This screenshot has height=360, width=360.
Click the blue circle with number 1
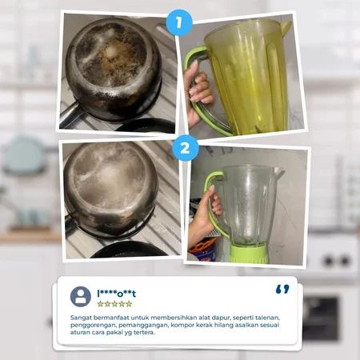pos(179,22)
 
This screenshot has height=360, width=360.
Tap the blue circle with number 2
pos(186,148)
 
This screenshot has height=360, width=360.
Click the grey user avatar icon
pos(81,297)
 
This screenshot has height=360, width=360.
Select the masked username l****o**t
pos(117,294)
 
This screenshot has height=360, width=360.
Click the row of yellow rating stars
pos(114,304)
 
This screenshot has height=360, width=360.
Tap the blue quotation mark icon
pos(282,289)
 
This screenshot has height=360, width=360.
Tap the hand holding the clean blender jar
pos(206,214)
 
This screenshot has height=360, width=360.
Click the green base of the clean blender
pos(248,254)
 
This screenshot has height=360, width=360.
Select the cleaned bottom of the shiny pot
pos(110,184)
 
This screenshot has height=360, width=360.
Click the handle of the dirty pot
pos(69,114)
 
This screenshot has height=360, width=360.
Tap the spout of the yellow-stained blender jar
pos(286,28)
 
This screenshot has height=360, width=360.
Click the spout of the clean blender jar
pos(278,174)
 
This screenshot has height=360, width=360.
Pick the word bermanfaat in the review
pos(109,318)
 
